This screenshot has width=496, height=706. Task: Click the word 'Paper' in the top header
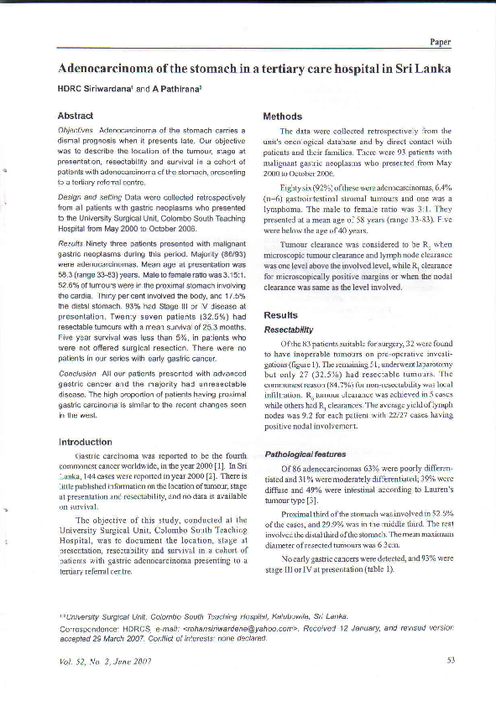[x=441, y=41]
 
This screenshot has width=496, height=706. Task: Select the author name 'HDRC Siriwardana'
[x=94, y=88]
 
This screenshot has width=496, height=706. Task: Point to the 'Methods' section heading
[x=283, y=116]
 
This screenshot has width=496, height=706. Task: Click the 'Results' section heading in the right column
[x=281, y=315]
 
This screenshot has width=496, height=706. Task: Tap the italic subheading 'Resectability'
[x=289, y=330]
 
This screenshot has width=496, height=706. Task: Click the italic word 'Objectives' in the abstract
[x=76, y=131]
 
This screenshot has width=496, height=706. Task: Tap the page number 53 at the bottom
[x=450, y=661]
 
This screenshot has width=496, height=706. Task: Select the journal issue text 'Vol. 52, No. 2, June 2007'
[x=105, y=661]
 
